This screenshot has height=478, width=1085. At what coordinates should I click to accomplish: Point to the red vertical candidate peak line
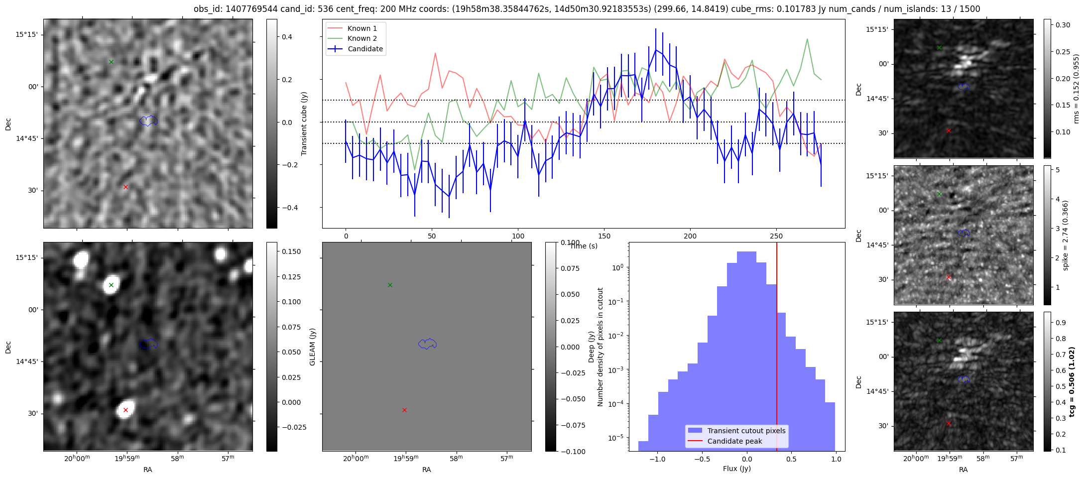777,349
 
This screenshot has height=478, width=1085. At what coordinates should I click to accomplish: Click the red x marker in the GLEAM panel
404,410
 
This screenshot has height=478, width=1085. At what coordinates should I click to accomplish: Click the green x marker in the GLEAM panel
390,285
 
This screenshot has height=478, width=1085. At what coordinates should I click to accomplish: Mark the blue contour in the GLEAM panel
427,344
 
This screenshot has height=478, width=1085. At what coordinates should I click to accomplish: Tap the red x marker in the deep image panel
125,410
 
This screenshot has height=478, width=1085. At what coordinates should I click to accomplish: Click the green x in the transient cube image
111,62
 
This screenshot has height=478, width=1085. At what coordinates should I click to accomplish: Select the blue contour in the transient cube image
148,120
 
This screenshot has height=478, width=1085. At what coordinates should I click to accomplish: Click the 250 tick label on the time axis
776,236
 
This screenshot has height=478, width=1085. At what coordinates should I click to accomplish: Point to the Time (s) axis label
584,246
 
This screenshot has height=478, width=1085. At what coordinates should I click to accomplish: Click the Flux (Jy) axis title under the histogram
736,469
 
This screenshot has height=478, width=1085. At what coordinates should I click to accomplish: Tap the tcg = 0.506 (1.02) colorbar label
1072,382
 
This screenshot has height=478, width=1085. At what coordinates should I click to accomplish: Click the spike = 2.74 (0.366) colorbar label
1065,236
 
